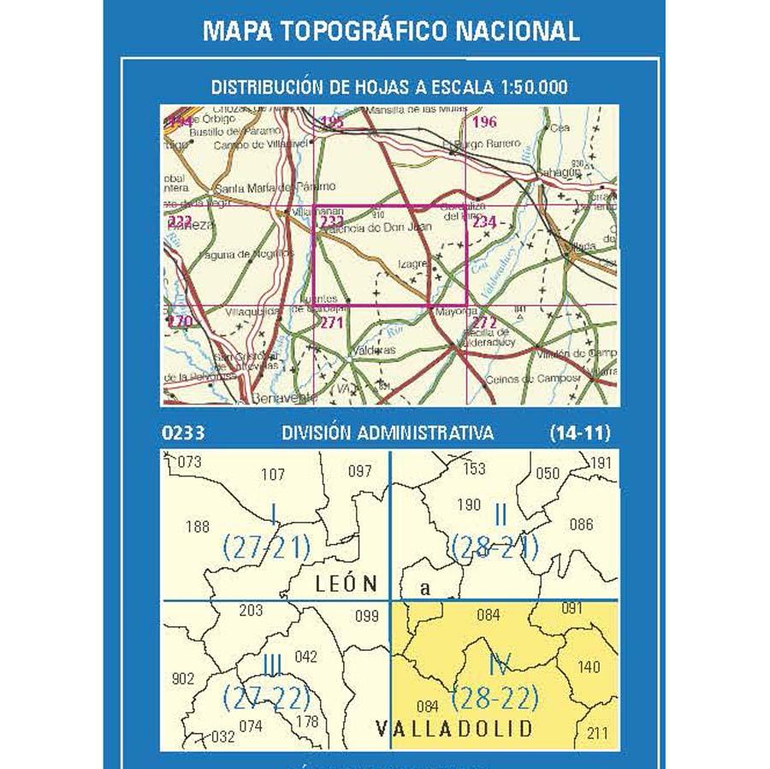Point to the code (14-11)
click(x=580, y=434)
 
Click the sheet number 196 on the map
click(x=484, y=122)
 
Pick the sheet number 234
click(x=484, y=222)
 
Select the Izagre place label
click(x=412, y=265)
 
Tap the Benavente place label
click(x=277, y=399)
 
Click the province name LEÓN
click(x=346, y=585)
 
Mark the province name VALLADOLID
click(x=453, y=729)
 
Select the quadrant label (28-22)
click(x=495, y=699)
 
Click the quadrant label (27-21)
click(x=265, y=547)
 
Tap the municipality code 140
click(x=589, y=667)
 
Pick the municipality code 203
click(x=252, y=611)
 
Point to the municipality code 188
click(x=197, y=527)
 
